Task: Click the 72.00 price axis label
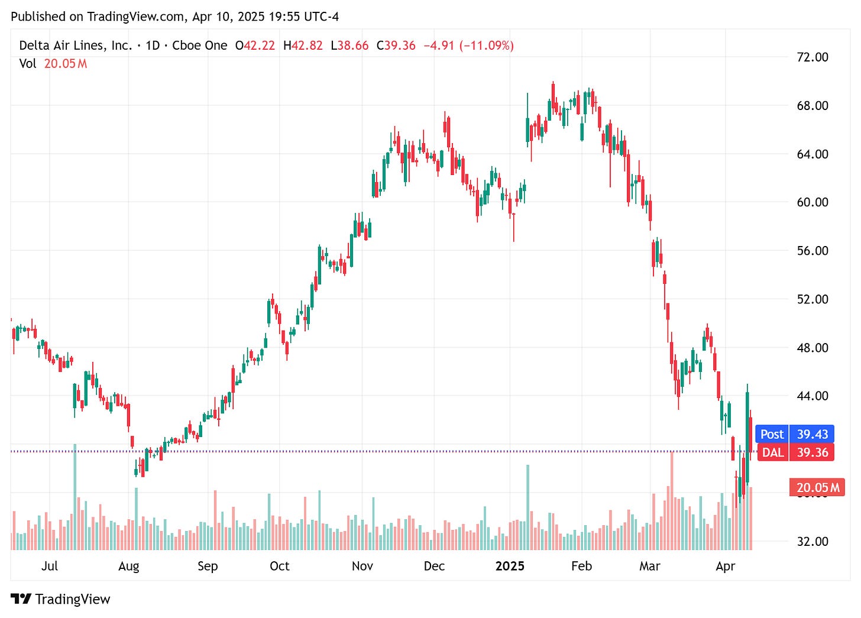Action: tap(813, 57)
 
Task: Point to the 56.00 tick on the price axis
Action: tap(813, 251)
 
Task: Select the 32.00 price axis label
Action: tap(813, 542)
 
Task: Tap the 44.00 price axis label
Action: tap(813, 396)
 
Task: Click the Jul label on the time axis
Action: tap(50, 567)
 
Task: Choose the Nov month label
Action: tap(362, 567)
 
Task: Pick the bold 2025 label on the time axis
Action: tap(510, 567)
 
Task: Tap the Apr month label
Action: tap(725, 567)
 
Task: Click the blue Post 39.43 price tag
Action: tap(794, 434)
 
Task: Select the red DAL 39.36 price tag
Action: tap(795, 453)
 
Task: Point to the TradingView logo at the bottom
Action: tap(61, 599)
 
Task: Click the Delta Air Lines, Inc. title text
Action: tap(76, 46)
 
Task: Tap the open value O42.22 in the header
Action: tap(255, 46)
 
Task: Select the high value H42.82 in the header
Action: tap(303, 46)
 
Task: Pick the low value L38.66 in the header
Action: tap(349, 46)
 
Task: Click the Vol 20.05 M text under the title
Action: tap(53, 64)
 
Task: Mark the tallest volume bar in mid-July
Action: tap(75, 497)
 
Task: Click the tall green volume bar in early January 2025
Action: tap(527, 507)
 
